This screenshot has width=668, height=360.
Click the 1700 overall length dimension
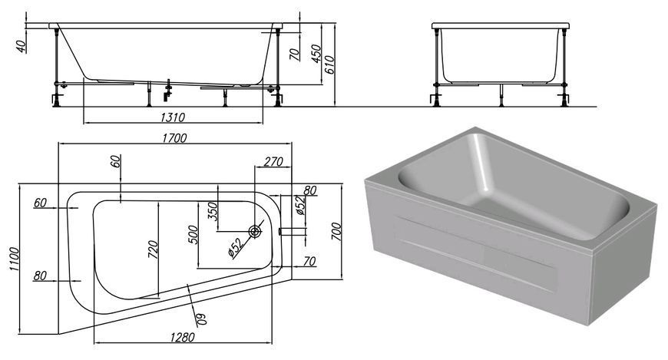tap(174, 137)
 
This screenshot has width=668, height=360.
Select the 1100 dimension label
tap(14, 259)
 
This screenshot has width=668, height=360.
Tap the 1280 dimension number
tap(182, 337)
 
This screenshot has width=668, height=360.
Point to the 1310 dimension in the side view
tap(173, 117)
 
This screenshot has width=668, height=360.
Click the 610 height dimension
tap(329, 64)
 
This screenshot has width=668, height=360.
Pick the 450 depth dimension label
tap(316, 53)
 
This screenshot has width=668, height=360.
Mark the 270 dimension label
tap(273, 161)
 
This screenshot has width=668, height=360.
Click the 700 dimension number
tap(336, 231)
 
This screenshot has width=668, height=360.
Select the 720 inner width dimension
tap(153, 249)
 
